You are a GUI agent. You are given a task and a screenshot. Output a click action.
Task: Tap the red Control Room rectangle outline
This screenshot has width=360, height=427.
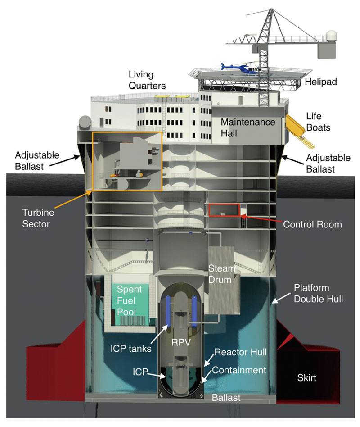224,211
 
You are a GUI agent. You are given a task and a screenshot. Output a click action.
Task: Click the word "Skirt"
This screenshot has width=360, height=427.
307,377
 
